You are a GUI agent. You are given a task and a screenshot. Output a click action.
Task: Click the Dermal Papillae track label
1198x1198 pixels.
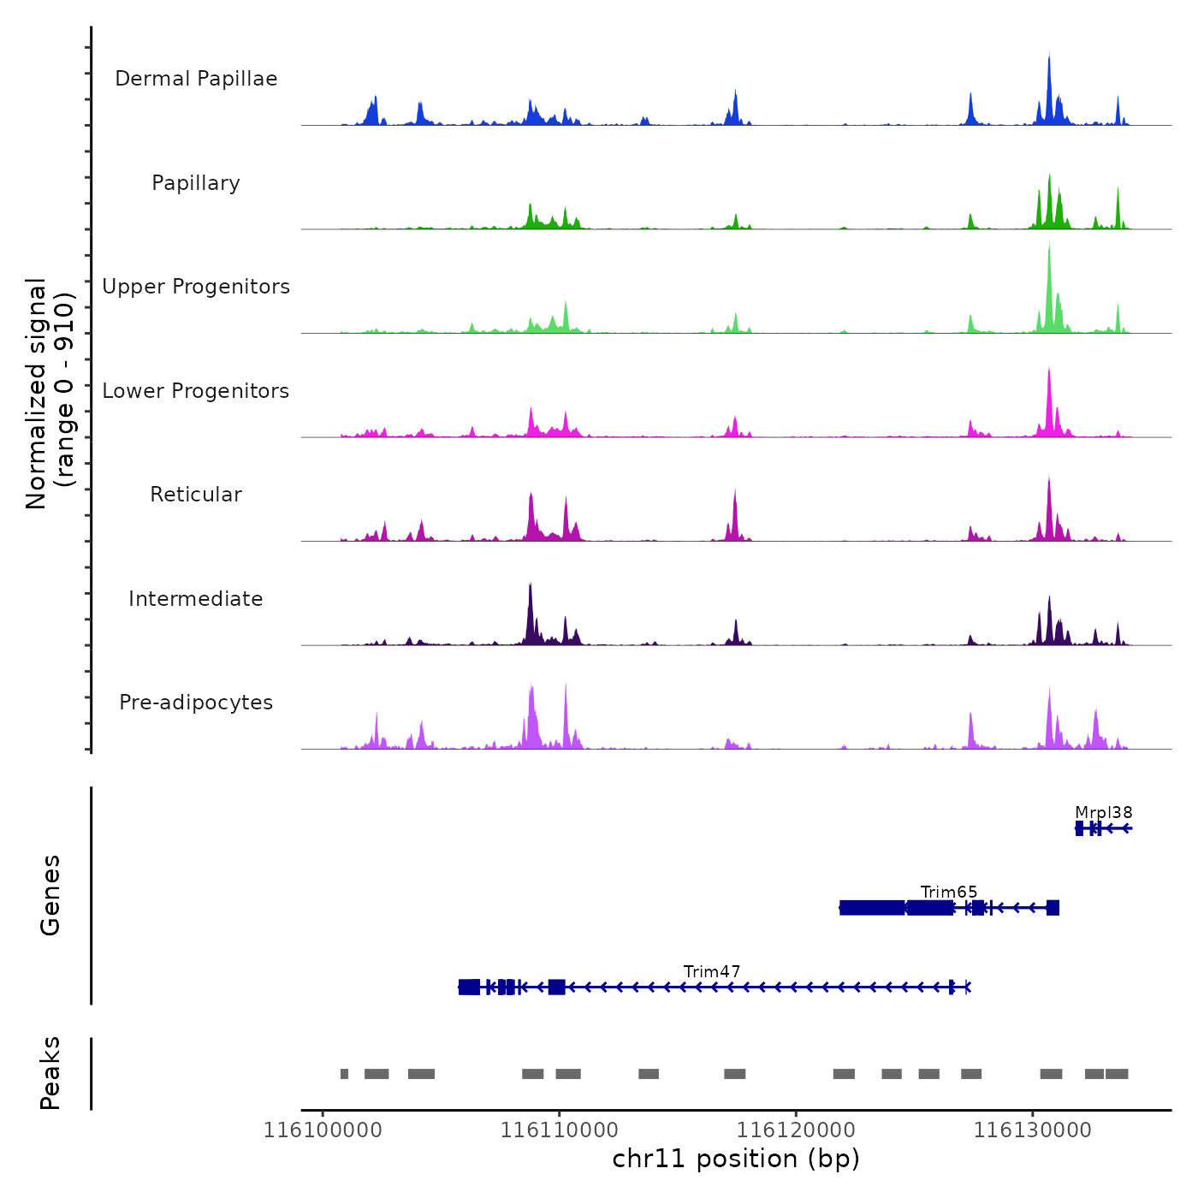(x=196, y=79)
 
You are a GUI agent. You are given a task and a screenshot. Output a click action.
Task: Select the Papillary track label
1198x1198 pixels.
(x=196, y=183)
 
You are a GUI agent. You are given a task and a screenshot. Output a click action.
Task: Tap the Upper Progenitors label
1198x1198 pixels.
(x=196, y=287)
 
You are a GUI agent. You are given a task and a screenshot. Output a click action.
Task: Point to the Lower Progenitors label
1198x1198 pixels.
(x=196, y=391)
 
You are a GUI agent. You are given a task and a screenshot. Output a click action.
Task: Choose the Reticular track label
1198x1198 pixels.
(x=196, y=495)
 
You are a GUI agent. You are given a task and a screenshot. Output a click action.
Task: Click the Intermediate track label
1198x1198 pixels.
(x=196, y=599)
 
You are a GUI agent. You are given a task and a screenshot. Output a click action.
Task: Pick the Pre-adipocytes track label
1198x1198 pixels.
(x=196, y=703)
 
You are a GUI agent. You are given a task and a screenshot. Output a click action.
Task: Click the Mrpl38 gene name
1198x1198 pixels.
(x=1104, y=812)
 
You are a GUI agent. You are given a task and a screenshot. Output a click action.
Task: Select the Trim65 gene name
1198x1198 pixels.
(x=949, y=892)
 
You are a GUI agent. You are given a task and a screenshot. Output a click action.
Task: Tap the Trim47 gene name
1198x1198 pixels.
(x=712, y=971)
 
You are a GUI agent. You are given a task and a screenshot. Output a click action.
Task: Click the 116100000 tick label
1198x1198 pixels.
(x=323, y=1130)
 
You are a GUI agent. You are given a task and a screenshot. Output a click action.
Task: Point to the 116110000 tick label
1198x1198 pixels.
(x=560, y=1130)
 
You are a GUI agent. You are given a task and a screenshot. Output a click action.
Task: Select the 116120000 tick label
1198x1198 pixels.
(x=796, y=1130)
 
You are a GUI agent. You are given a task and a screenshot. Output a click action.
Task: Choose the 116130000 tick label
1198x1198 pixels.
(x=1033, y=1130)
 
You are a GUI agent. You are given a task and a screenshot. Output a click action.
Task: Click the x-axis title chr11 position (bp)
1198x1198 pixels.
(x=736, y=1159)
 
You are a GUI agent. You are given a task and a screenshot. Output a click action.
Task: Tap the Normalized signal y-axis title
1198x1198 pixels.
(x=50, y=393)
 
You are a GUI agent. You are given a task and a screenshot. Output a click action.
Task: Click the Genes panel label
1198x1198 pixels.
(x=50, y=895)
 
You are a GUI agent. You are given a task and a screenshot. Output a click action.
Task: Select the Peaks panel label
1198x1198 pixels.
(x=50, y=1073)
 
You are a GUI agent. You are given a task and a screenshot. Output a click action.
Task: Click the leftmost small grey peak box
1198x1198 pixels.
(x=344, y=1074)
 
